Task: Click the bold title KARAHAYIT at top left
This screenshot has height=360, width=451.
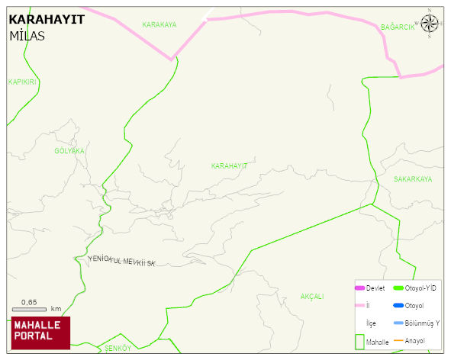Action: pos(46,20)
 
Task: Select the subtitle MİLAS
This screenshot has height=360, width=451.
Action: pos(27,36)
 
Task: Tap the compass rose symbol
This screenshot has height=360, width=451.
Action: pos(430,23)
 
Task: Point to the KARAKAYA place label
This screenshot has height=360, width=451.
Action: pos(159,25)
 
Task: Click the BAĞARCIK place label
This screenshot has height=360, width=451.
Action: pos(398,27)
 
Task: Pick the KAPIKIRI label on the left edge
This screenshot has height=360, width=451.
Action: pos(22,82)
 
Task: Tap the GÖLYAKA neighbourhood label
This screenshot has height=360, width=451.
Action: pos(69,151)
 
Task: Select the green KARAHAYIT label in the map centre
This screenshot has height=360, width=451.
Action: pos(229,166)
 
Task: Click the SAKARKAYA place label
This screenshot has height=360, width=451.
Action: pos(412,179)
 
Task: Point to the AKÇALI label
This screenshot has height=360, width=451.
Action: pos(312,296)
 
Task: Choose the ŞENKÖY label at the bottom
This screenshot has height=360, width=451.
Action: pos(118,348)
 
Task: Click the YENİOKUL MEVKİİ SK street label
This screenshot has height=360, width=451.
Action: pos(122,262)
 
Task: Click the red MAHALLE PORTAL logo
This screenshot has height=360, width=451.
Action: pos(40,332)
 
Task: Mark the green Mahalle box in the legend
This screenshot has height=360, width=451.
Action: pos(360,342)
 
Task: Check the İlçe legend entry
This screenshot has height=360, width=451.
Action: pos(371,323)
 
